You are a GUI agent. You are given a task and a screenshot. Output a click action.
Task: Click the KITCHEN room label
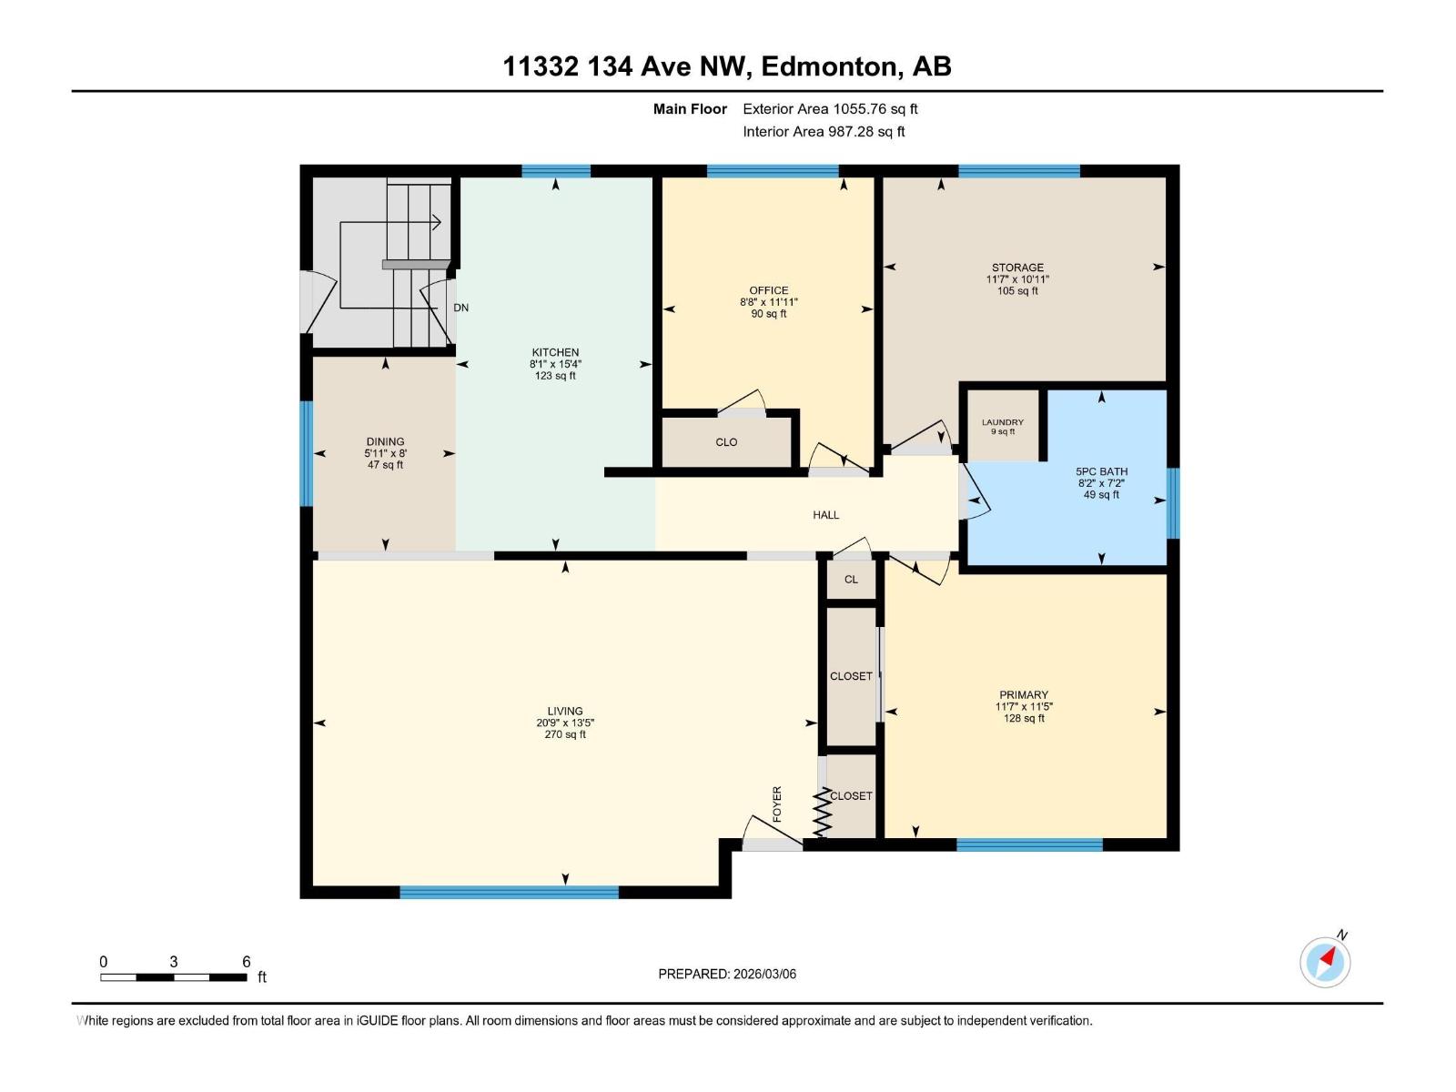point(555,352)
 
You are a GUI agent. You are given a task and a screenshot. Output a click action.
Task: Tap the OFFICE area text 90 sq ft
point(768,314)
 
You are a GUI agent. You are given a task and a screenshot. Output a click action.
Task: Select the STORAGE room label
point(1017,268)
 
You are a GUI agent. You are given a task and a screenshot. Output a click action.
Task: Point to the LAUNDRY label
point(1002,422)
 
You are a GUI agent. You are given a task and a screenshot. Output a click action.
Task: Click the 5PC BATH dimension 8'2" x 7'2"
point(1101,483)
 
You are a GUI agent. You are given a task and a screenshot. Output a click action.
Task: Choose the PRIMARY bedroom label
point(1024,694)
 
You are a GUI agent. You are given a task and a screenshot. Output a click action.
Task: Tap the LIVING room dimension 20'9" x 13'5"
point(564,723)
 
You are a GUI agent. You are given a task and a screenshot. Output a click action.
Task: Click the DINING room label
point(385,441)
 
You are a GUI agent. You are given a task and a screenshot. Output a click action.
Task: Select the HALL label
point(825,515)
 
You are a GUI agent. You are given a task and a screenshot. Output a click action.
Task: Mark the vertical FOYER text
point(777,804)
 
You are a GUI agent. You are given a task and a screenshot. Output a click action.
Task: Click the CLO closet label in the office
point(726,442)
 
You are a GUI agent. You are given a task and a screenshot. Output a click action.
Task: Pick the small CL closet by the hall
point(851,580)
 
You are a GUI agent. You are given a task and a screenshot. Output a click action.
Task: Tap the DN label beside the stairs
point(461,308)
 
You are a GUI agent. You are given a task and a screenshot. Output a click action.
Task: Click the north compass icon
point(1325,961)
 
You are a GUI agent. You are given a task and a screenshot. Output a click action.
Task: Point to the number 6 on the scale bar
point(246,961)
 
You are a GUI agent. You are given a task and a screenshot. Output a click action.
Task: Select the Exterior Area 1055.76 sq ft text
point(830,108)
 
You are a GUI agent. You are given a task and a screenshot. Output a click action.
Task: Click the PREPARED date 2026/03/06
point(763,974)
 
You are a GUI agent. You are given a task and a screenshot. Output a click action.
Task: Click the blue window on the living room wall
point(509,893)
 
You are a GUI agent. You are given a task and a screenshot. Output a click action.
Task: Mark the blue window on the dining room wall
point(307,452)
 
